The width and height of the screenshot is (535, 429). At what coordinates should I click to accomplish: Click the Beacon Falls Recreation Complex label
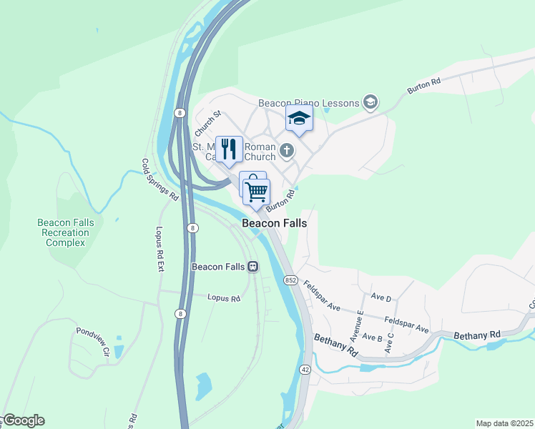66,232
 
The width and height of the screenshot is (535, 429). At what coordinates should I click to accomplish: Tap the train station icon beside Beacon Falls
252,267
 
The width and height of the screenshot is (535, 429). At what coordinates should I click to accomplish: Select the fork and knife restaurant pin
229,149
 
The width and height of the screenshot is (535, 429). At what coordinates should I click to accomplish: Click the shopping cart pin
256,192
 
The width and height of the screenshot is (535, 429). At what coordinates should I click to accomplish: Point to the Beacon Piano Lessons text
308,103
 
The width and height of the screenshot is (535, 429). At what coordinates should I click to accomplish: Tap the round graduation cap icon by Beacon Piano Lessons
370,103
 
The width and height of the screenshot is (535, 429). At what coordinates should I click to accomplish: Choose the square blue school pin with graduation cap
299,119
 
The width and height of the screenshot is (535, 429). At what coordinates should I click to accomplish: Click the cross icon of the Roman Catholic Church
287,150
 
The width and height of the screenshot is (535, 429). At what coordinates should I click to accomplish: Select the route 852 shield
290,280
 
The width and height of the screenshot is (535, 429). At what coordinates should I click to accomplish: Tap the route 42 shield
305,368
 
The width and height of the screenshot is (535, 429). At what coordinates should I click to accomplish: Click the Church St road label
208,123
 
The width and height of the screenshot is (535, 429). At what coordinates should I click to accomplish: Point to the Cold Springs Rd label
159,179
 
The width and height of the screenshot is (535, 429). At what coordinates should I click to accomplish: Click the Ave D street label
381,297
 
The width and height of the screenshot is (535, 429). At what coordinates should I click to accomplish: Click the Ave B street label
372,336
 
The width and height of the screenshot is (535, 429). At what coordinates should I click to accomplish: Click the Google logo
23,420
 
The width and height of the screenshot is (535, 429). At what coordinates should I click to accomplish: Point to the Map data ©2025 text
504,423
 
